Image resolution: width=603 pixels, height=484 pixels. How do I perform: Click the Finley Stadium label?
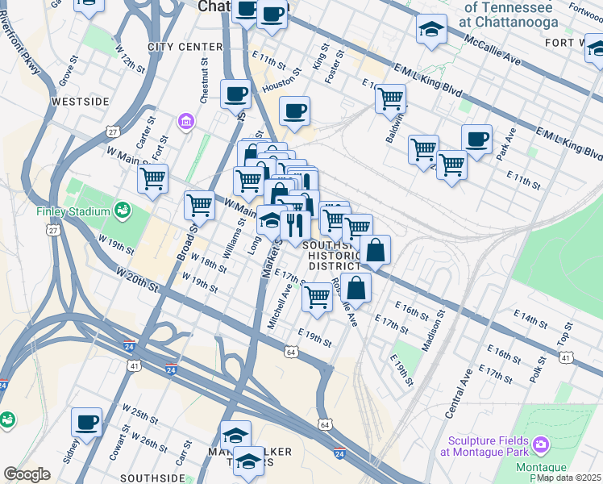72,212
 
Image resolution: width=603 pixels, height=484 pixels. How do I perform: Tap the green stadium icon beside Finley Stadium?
123,211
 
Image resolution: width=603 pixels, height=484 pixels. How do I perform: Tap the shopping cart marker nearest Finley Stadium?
152,178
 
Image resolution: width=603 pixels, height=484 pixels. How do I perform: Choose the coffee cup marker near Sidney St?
87,421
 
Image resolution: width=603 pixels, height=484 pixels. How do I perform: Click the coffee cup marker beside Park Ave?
476,139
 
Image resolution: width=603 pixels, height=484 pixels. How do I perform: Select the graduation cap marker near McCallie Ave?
432,30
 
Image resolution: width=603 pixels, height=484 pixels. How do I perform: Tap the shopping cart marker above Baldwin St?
390,98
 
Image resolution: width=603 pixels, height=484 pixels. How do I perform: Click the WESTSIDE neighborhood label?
80,102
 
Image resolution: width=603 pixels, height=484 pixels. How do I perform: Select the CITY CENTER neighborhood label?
185,47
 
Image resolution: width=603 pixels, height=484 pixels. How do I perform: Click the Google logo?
27,474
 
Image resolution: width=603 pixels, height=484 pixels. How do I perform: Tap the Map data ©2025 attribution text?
568,478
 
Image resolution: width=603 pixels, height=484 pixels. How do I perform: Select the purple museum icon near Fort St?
186,122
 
